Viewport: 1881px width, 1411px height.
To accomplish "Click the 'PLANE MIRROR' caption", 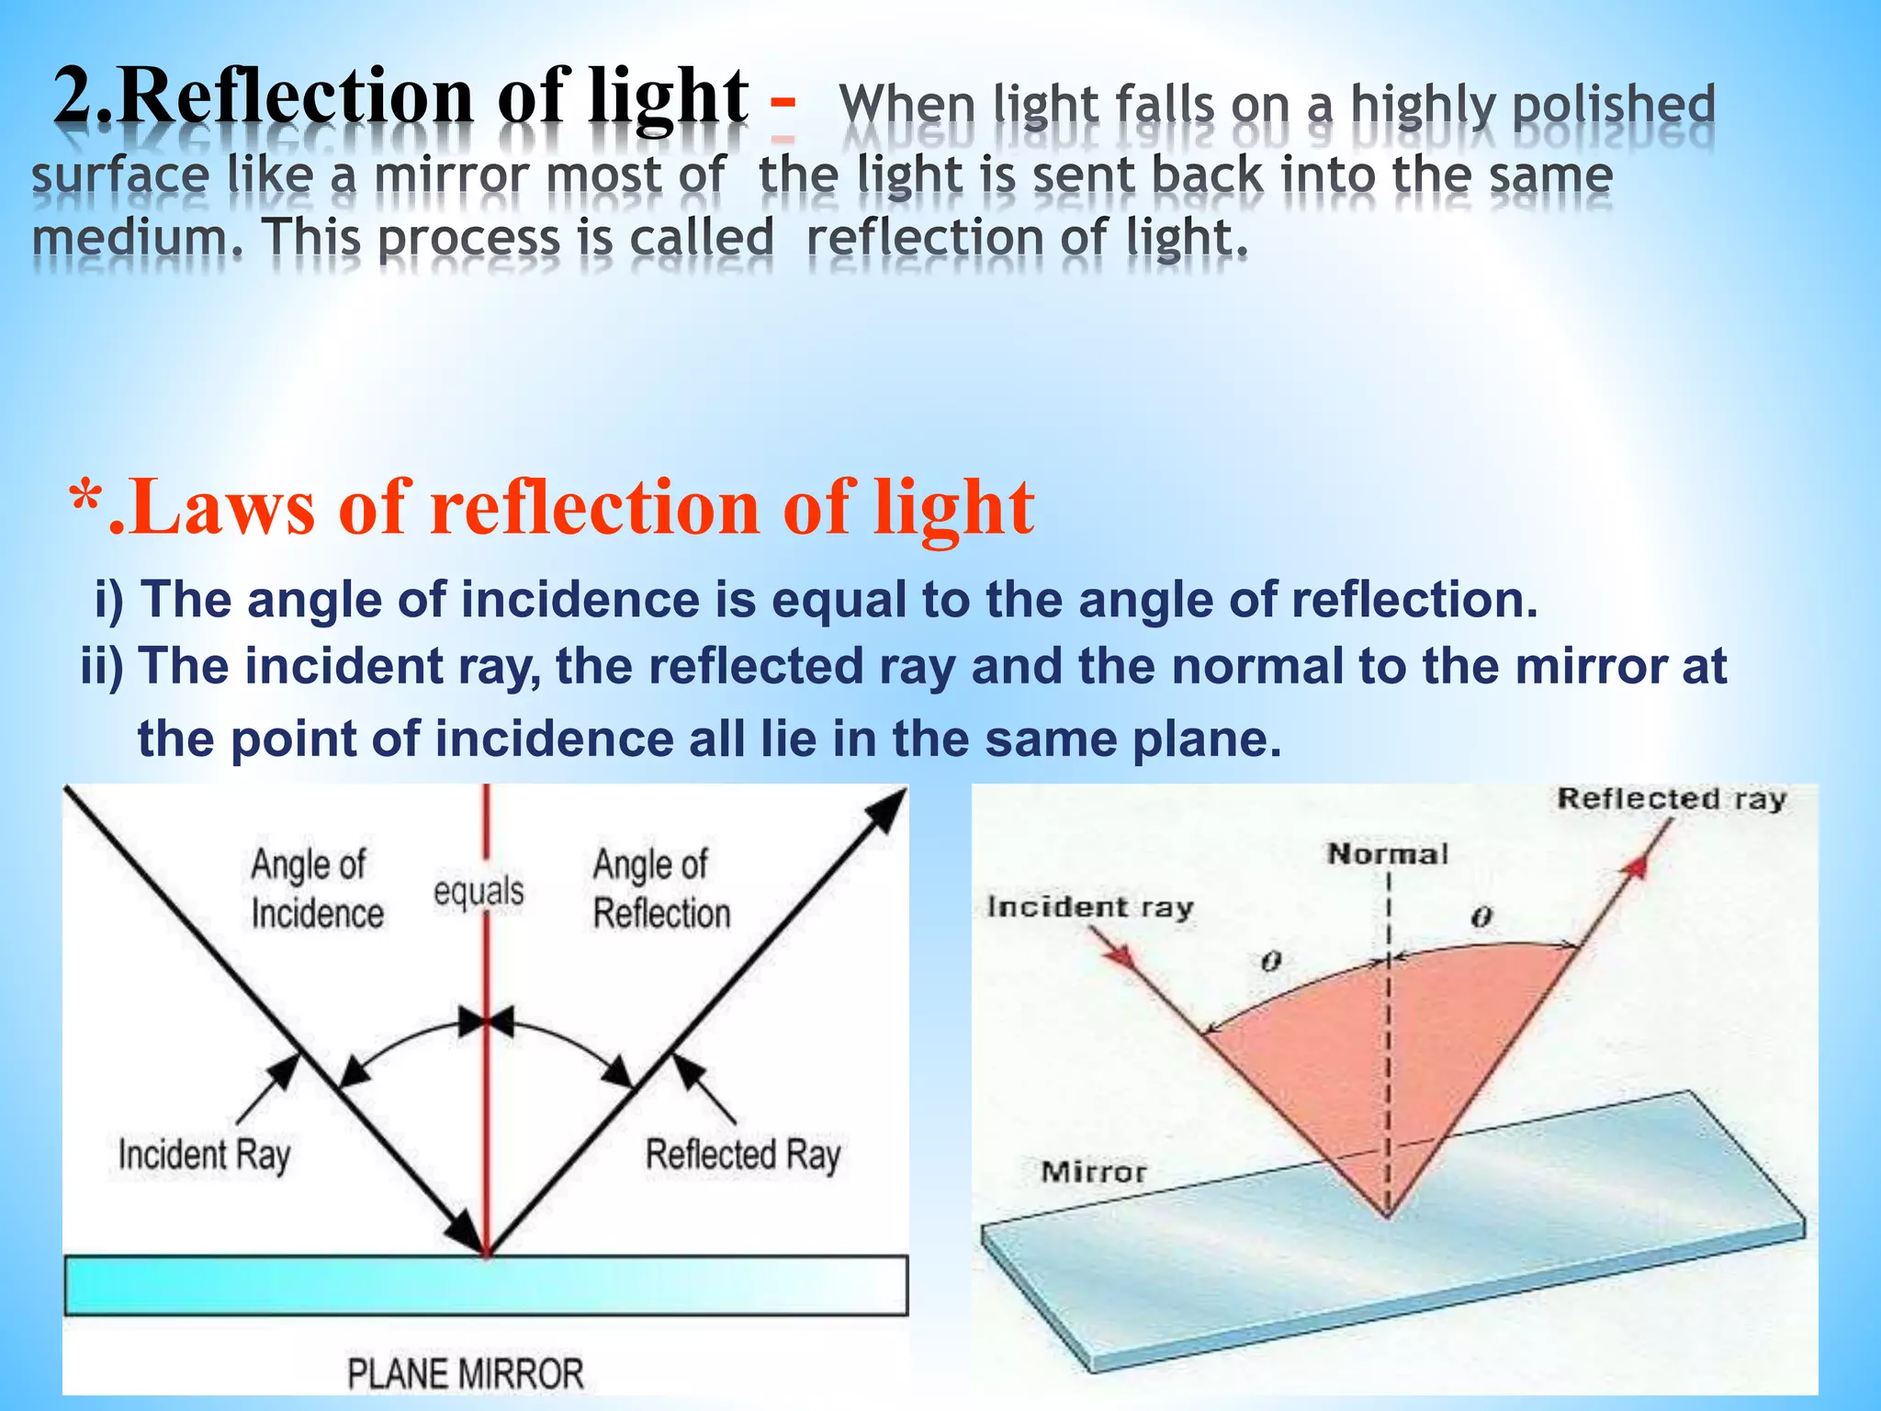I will coord(465,1373).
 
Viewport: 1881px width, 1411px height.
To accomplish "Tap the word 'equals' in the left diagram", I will coord(479,891).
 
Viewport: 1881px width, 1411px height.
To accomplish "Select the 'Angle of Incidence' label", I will coord(316,889).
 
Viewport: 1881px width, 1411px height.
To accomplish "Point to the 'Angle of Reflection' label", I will coord(660,889).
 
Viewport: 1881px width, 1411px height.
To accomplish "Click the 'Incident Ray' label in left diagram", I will coord(204,1155).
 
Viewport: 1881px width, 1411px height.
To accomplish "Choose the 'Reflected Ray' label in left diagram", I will coord(742,1155).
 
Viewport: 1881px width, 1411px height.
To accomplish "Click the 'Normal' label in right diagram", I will coord(1387,854).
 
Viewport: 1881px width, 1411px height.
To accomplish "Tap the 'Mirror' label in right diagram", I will coord(1093,1172).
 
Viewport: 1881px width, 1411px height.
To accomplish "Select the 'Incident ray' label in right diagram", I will coord(1089,908).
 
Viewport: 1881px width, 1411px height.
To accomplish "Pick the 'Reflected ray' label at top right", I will coord(1671,798).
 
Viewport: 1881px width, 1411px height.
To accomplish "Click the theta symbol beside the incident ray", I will coord(1271,962).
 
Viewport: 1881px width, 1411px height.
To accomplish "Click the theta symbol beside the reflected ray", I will coord(1481,917).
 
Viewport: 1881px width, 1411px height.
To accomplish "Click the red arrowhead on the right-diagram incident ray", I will coord(1120,956).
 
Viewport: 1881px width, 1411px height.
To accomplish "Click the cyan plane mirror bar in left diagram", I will coord(486,1285).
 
